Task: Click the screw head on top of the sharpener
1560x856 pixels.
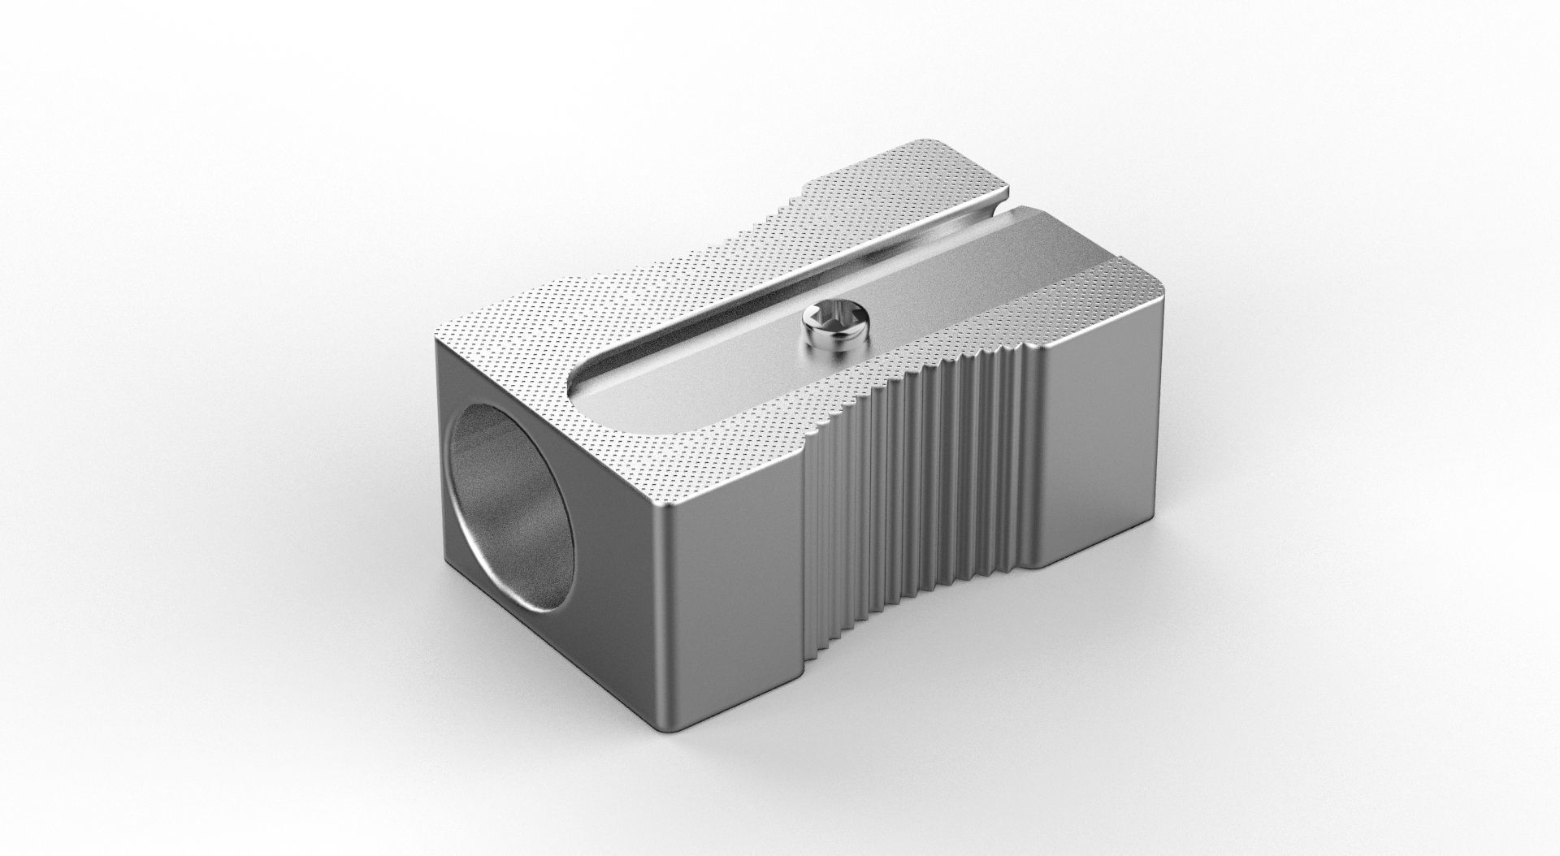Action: [830, 322]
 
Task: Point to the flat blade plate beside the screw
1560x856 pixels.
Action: [731, 357]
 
